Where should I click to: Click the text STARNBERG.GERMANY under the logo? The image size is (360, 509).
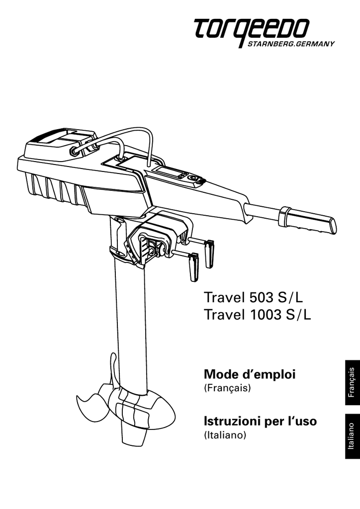click(291, 44)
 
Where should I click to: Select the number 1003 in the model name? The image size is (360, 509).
click(264, 314)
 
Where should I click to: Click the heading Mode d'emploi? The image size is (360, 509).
click(250, 374)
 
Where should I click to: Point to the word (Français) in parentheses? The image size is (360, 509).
click(227, 388)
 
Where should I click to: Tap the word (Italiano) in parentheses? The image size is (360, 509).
click(225, 434)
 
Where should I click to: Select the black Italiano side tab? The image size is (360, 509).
click(353, 436)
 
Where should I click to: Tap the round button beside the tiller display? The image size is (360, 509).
click(193, 178)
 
